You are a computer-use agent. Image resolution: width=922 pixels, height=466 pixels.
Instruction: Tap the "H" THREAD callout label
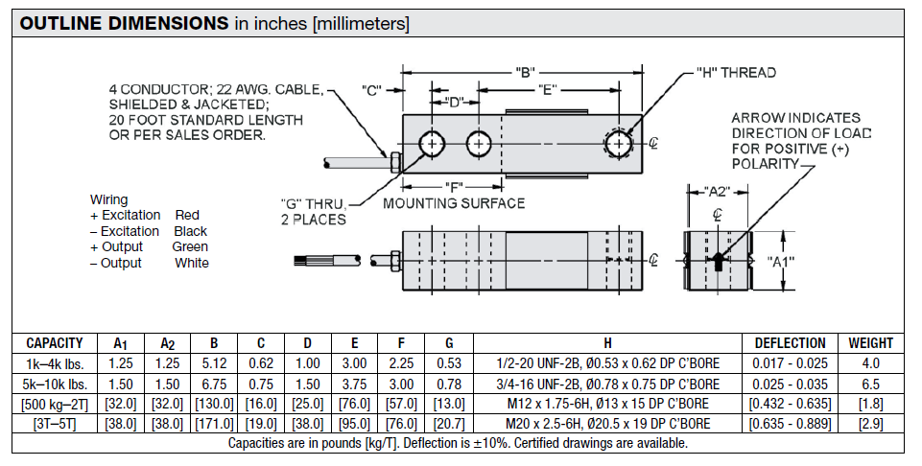[x=736, y=73]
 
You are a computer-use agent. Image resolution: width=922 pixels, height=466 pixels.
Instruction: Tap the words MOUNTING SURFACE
[x=454, y=203]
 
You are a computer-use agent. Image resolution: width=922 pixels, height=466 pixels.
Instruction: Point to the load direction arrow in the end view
[x=719, y=260]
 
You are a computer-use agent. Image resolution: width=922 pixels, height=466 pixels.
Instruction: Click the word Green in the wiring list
[x=190, y=247]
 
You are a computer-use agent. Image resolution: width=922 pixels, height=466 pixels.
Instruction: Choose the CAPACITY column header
[x=55, y=343]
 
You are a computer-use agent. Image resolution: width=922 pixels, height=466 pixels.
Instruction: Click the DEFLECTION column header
[x=790, y=343]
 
